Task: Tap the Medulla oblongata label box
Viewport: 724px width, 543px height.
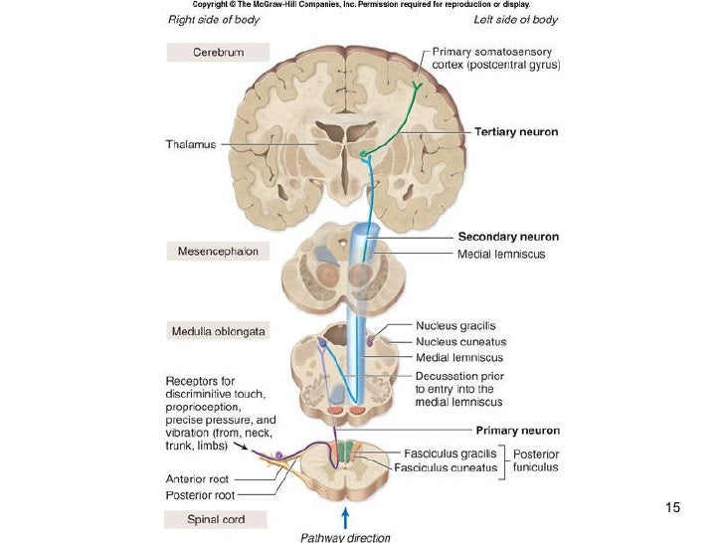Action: pyautogui.click(x=217, y=331)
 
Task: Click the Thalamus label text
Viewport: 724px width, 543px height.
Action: pyautogui.click(x=190, y=144)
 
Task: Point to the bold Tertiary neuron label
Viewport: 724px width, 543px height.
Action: pyautogui.click(x=516, y=131)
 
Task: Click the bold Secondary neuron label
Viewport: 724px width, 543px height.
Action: pyautogui.click(x=508, y=237)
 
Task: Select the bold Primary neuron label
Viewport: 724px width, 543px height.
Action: pyautogui.click(x=517, y=431)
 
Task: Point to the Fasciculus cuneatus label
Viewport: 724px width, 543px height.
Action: pyautogui.click(x=444, y=466)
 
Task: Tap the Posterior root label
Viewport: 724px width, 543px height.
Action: pyautogui.click(x=199, y=494)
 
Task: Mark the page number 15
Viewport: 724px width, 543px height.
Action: pyautogui.click(x=673, y=508)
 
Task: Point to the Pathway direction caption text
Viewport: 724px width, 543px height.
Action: pyautogui.click(x=345, y=537)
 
